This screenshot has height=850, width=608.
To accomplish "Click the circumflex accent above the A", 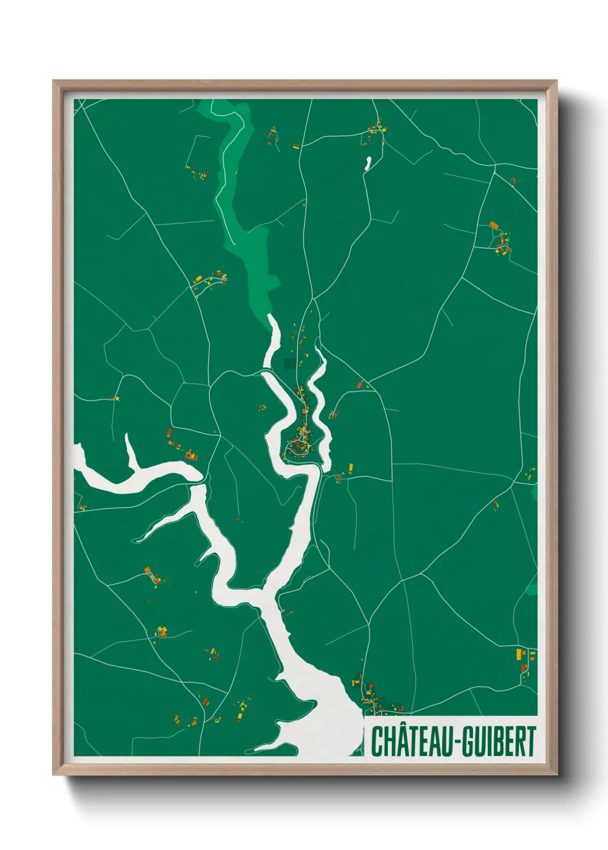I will tap(400, 725).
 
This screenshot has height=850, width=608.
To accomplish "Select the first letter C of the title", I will tap(377, 741).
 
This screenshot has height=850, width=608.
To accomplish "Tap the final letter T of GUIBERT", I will tap(530, 741).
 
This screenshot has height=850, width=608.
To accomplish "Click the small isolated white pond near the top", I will tap(368, 164).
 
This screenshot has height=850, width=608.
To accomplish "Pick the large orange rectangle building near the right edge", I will tap(493, 225).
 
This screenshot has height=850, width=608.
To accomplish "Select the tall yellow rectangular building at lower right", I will tap(519, 655).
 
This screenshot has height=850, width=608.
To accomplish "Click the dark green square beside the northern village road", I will tap(291, 364).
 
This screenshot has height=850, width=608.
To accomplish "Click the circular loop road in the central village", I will tap(295, 449).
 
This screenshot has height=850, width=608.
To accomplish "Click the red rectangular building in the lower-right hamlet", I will tap(524, 668).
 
